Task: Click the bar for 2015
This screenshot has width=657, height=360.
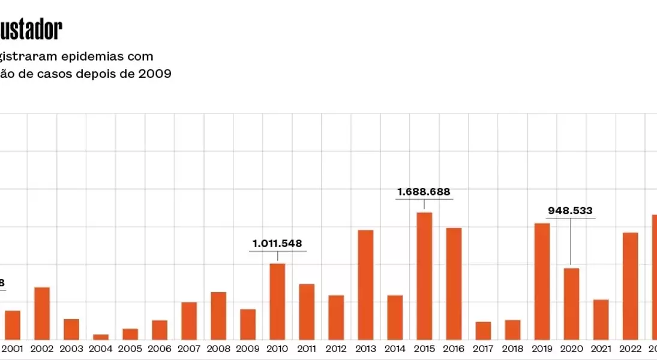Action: click(x=424, y=276)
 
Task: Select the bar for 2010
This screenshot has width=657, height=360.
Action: click(x=277, y=301)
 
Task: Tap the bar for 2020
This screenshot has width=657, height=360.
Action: click(x=571, y=304)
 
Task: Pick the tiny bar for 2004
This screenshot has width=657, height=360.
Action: click(x=101, y=337)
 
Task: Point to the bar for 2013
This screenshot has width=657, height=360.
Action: click(x=365, y=284)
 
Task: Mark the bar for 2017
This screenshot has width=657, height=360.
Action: click(x=483, y=331)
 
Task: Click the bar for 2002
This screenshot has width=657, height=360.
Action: click(x=42, y=313)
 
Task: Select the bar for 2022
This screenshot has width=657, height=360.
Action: click(x=630, y=286)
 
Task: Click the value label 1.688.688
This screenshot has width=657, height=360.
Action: click(x=424, y=192)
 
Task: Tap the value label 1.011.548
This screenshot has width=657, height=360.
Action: click(x=277, y=244)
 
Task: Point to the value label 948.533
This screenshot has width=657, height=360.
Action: click(x=570, y=211)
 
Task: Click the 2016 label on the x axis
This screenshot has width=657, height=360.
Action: click(x=454, y=349)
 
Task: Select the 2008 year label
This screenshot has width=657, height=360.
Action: click(x=218, y=349)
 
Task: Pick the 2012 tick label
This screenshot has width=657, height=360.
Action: click(x=336, y=349)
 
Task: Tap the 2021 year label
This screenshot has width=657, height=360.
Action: click(x=601, y=349)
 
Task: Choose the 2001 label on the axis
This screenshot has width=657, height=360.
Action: click(x=13, y=349)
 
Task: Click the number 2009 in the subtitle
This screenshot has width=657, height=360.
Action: click(x=154, y=74)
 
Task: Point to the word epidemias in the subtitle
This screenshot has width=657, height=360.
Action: click(x=97, y=56)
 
